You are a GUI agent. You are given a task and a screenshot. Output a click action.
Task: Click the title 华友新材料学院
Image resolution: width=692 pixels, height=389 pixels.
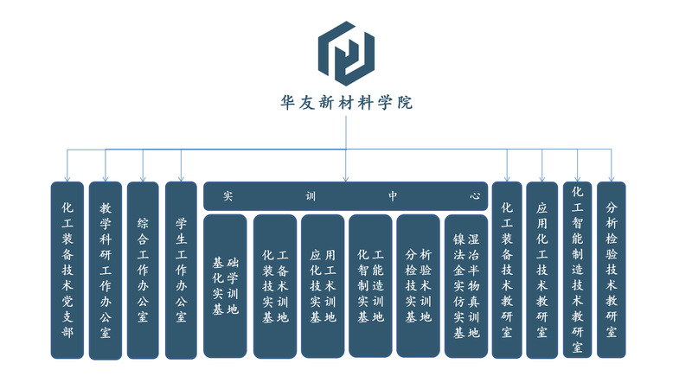pyautogui.click(x=346, y=103)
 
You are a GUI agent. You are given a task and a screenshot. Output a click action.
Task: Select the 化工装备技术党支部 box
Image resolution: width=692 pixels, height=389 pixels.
pyautogui.click(x=67, y=270)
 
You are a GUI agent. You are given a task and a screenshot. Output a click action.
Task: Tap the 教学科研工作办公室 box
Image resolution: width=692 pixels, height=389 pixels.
pyautogui.click(x=106, y=270)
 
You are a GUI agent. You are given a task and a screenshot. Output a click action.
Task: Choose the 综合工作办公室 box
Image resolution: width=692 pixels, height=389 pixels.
pyautogui.click(x=143, y=270)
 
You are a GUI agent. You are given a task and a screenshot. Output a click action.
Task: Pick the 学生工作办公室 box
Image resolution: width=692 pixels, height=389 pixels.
pyautogui.click(x=181, y=270)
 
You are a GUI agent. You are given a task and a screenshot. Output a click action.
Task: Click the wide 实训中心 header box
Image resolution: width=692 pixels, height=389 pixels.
pyautogui.click(x=346, y=196)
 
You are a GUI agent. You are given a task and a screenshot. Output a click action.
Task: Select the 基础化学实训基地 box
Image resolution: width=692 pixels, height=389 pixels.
pyautogui.click(x=226, y=285)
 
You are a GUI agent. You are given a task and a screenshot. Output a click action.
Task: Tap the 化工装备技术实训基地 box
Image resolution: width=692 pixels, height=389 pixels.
pyautogui.click(x=275, y=286)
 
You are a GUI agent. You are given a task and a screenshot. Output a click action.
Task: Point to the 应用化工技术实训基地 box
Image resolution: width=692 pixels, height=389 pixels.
pyautogui.click(x=323, y=286)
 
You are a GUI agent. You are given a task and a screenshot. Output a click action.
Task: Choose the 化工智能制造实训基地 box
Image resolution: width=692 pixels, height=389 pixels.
pyautogui.click(x=370, y=286)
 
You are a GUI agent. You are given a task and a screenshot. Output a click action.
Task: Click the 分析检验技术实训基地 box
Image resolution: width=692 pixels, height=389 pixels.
pyautogui.click(x=418, y=286)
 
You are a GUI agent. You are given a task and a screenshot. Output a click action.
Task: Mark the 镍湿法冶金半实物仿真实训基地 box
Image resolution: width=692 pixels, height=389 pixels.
pyautogui.click(x=466, y=286)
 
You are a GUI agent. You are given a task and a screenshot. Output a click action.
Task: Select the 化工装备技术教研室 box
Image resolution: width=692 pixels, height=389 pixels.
pyautogui.click(x=507, y=270)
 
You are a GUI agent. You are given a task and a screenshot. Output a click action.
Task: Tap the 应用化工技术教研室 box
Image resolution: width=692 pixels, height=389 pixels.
pyautogui.click(x=542, y=270)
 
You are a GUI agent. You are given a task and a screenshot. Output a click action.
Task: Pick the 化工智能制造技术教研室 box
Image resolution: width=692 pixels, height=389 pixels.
pyautogui.click(x=577, y=270)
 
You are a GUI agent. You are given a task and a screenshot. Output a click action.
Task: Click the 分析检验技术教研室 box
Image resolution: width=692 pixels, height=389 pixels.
pyautogui.click(x=612, y=270)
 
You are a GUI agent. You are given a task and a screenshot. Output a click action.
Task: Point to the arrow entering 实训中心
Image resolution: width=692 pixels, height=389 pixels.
pyautogui.click(x=346, y=176)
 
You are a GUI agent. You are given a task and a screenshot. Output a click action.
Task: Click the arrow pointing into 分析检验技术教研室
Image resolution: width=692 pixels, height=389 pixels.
pyautogui.click(x=612, y=175)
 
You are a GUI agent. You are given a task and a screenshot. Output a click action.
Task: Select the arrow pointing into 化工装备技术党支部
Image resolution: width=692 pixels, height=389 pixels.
pyautogui.click(x=67, y=175)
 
